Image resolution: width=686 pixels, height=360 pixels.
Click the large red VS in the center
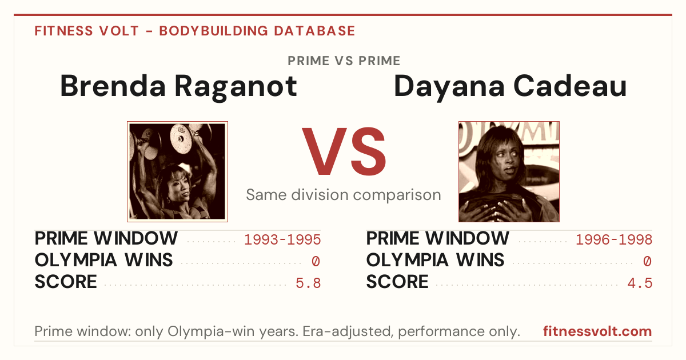(x=344, y=151)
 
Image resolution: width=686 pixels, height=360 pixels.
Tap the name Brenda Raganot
(x=178, y=87)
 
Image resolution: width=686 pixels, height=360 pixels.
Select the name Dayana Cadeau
(x=510, y=87)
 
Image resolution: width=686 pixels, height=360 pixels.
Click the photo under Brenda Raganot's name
(x=178, y=172)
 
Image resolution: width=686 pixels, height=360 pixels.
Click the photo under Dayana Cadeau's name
(x=509, y=172)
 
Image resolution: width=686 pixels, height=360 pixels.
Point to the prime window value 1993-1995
(x=282, y=239)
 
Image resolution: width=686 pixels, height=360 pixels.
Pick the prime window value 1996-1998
(x=614, y=239)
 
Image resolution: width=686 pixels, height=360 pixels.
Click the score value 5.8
(x=308, y=283)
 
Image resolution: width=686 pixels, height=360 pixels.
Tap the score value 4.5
(x=640, y=283)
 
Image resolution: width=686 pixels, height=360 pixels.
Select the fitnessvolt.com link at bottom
(x=597, y=331)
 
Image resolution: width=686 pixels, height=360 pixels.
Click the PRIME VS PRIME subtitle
(x=344, y=61)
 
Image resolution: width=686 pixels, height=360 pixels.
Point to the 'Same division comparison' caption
(x=344, y=195)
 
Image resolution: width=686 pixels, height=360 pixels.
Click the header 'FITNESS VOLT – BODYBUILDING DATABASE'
(x=195, y=31)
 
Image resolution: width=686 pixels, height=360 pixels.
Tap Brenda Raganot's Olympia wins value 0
(x=316, y=262)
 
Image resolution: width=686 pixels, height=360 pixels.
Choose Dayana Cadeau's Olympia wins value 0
(x=647, y=262)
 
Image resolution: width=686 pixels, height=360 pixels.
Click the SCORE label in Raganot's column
(x=66, y=282)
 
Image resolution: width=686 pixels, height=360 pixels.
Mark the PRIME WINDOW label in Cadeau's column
(x=438, y=238)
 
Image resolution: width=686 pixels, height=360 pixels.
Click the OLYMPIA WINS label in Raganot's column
(x=104, y=260)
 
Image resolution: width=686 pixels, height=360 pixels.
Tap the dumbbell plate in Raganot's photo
(x=181, y=139)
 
